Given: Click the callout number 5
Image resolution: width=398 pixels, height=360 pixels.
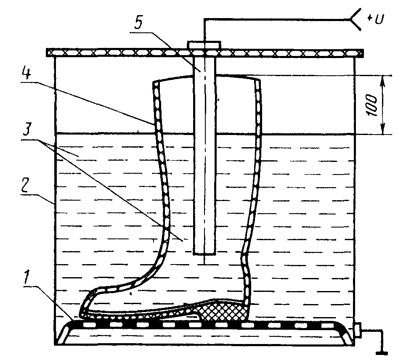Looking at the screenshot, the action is click(x=138, y=24).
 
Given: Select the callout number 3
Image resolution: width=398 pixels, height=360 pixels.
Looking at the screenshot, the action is click(x=27, y=129).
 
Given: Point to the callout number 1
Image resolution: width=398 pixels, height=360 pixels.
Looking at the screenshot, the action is click(x=26, y=278).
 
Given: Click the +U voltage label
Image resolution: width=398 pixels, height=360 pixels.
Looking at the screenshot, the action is click(x=375, y=19).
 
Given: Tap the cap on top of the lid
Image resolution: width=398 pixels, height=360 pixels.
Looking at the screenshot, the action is click(x=204, y=45).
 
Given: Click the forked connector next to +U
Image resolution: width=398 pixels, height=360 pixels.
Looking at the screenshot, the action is click(x=353, y=19).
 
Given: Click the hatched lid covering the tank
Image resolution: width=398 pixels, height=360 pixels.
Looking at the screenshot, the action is click(x=204, y=53).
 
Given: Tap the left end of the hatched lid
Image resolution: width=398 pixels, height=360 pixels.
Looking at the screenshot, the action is click(x=47, y=53).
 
